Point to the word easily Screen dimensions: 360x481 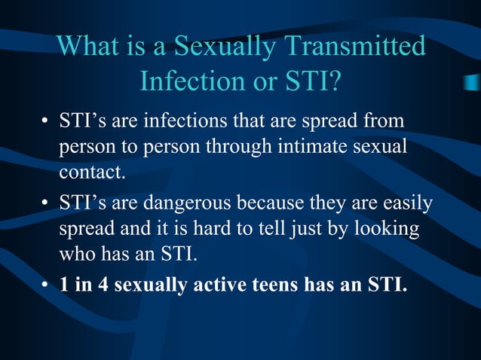click(411, 204)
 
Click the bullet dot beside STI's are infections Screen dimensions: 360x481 click(46, 121)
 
